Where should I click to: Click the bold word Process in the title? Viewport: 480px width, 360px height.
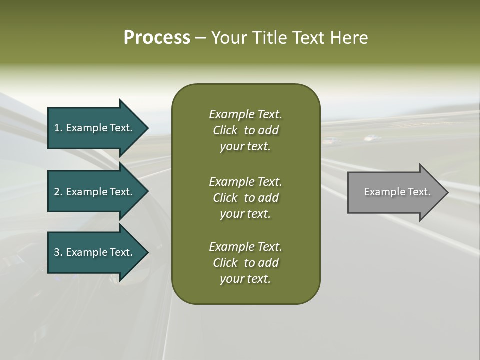[157, 38]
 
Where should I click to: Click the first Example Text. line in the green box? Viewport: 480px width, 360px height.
[245, 114]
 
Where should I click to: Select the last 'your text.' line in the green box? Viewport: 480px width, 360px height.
[245, 279]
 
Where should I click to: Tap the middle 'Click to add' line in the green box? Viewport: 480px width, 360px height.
[245, 198]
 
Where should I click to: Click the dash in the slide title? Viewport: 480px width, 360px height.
[200, 38]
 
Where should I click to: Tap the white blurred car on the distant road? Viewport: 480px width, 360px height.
[370, 137]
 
